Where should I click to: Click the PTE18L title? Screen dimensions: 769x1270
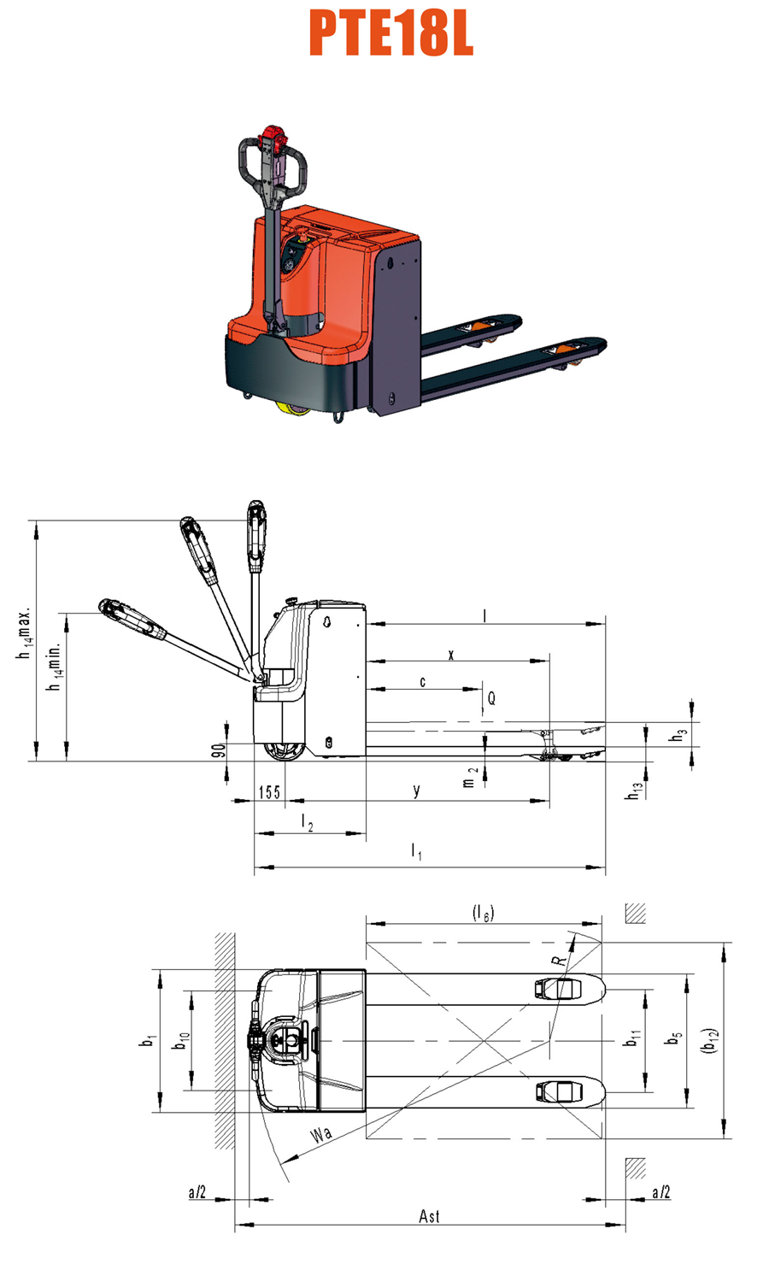click(x=391, y=34)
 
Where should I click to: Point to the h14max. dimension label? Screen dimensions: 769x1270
click(x=24, y=635)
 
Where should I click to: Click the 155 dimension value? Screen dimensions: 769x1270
click(x=269, y=792)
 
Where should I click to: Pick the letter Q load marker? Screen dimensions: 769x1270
click(x=491, y=698)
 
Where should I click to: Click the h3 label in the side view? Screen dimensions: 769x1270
click(x=678, y=735)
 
